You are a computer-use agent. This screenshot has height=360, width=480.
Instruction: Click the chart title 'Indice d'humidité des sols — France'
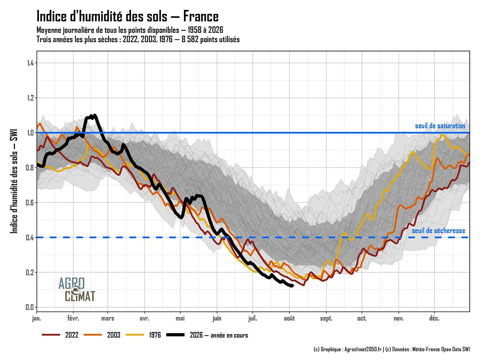[x=128, y=16]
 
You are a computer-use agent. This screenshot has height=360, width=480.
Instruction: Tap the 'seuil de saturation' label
[x=440, y=126]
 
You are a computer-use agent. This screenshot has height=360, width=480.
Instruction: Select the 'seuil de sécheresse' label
[x=438, y=230]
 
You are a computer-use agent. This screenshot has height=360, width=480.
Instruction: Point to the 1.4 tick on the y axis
[x=30, y=63]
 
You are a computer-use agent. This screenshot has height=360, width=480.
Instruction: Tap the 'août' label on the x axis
[x=289, y=318]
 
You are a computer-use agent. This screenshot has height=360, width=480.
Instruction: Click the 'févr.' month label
[x=73, y=318]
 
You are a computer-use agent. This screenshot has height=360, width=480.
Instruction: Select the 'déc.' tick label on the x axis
[x=434, y=318]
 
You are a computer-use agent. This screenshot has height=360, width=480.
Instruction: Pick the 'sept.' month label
[x=326, y=319]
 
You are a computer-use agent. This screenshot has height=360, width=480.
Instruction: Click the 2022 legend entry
[x=60, y=335]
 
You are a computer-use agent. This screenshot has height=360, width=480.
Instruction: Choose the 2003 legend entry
[x=102, y=335]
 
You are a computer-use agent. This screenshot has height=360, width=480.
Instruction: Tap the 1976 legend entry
[x=143, y=335]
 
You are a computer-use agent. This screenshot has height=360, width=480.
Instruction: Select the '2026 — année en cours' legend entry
[x=207, y=335]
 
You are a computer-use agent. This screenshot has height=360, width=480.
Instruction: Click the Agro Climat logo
[x=77, y=289]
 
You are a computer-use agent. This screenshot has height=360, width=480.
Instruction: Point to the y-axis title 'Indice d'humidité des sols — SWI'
[x=14, y=181]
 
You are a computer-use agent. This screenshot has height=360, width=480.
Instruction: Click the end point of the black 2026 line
[x=293, y=286]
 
